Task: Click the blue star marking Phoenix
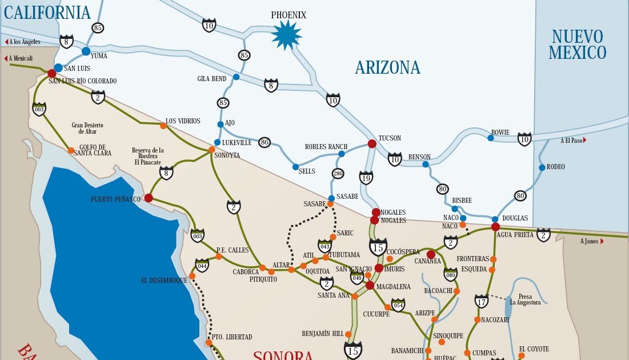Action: (286, 35)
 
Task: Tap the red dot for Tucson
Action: (372, 143)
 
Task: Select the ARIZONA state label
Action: (387, 68)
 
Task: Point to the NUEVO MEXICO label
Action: (577, 45)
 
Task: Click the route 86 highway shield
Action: (264, 142)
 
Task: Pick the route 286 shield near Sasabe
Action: (338, 174)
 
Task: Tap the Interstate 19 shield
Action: (366, 178)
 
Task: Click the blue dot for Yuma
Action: (86, 51)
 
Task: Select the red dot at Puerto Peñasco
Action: (149, 198)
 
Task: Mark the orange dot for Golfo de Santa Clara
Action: (71, 151)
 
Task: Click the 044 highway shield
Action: (202, 265)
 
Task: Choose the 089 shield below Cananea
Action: (450, 274)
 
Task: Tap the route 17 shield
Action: (481, 301)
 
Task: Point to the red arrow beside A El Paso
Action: (584, 140)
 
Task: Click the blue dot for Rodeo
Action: (542, 167)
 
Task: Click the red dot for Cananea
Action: (431, 254)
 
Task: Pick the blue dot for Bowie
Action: (490, 138)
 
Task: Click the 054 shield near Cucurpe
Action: (398, 306)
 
